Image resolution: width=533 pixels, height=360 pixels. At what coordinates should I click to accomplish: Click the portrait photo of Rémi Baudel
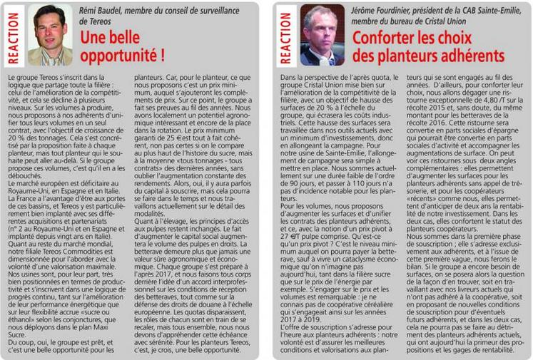[x=51, y=35]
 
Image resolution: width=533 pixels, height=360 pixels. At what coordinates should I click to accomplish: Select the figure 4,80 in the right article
[x=494, y=103]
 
